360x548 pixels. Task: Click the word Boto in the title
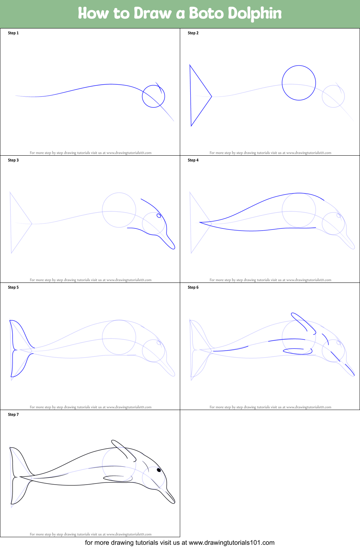tap(206, 13)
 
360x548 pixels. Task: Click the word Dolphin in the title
tap(254, 14)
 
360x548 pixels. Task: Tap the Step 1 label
tap(13, 33)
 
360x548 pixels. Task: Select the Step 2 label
tap(193, 33)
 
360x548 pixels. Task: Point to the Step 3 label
tap(13, 160)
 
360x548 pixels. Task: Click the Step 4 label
tap(193, 160)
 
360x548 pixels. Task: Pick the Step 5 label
tap(13, 287)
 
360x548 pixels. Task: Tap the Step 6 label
tap(193, 287)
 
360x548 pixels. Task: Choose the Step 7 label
tap(13, 414)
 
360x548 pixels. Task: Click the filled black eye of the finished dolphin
tap(159, 470)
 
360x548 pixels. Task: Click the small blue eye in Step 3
tap(159, 216)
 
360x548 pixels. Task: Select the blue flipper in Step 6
tap(298, 351)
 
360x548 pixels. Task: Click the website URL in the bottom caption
tap(231, 543)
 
